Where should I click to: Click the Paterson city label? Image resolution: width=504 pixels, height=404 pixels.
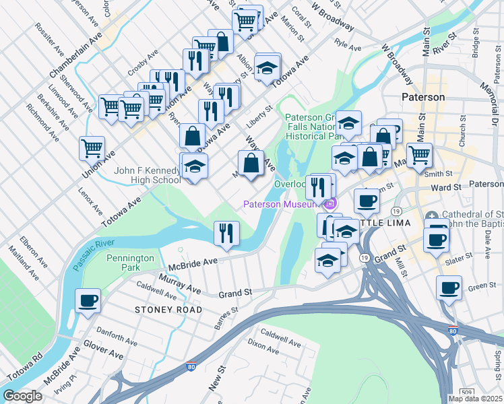pos(423,97)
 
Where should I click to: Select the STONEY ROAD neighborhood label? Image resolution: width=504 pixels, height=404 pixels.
pos(168,310)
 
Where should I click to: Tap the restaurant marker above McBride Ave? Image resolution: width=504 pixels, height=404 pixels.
pos(226,233)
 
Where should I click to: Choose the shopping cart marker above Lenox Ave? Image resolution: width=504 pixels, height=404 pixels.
pos(92,147)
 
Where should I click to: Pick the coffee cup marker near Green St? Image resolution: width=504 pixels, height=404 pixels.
pos(449,288)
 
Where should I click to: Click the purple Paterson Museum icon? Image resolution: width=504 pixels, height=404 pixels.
pos(329,204)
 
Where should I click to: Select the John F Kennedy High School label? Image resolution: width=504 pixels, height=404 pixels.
pos(148,176)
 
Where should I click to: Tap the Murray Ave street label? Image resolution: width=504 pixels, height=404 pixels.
pos(180,283)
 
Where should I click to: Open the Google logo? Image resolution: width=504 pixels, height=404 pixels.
pos(22,396)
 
